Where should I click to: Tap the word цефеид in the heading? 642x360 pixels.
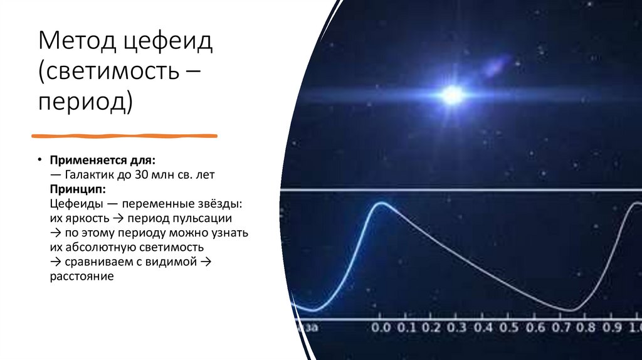click(169, 43)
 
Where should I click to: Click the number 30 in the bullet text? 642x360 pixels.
click(142, 175)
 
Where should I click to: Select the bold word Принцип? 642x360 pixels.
click(78, 189)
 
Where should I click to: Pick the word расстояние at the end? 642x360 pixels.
click(82, 277)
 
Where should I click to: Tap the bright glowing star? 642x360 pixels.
click(451, 95)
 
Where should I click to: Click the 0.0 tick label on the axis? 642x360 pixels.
click(381, 327)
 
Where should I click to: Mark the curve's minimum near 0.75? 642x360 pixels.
click(571, 309)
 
